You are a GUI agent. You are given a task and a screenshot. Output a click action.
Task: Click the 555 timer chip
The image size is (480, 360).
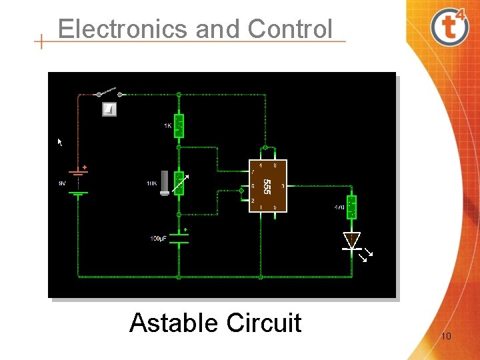pyautogui.click(x=267, y=186)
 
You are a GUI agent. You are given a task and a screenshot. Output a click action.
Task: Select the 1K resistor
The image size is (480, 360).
pyautogui.click(x=179, y=125)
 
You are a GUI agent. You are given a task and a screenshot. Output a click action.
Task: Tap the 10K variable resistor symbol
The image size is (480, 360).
pyautogui.click(x=179, y=183)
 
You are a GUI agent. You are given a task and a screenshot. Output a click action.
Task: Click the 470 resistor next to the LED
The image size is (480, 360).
pyautogui.click(x=351, y=207)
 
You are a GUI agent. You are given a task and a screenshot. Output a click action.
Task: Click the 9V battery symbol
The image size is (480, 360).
pyautogui.click(x=79, y=181)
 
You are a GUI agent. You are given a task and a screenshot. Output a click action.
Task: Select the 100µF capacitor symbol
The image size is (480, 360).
pyautogui.click(x=179, y=238)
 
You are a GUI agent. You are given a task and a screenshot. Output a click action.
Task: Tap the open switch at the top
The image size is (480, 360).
pyautogui.click(x=107, y=92)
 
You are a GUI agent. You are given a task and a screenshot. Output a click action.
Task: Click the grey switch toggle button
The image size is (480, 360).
pyautogui.click(x=109, y=109)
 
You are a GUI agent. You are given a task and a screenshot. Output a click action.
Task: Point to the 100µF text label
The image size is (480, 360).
pyautogui.click(x=158, y=239)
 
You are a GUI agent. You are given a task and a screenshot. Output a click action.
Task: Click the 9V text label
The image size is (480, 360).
pyautogui.click(x=61, y=183)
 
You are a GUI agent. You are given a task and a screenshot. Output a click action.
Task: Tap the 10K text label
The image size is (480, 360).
pyautogui.click(x=151, y=183)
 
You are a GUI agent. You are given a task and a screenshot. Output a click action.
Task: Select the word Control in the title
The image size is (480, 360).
pyautogui.click(x=289, y=29)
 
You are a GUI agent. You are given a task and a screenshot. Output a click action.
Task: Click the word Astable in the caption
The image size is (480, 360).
pyautogui.click(x=174, y=323)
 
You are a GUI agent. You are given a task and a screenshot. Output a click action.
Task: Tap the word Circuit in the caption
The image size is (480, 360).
pyautogui.click(x=264, y=323)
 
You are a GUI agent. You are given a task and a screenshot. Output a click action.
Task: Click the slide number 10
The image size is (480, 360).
pyautogui.click(x=445, y=336)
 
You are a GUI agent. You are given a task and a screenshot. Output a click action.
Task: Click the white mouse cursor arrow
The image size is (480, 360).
pyautogui.click(x=60, y=142)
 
